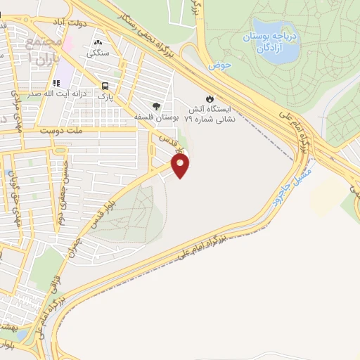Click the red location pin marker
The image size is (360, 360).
click(181, 165)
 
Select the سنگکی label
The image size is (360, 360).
click(98, 52)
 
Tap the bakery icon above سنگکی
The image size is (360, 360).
click(98, 41)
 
